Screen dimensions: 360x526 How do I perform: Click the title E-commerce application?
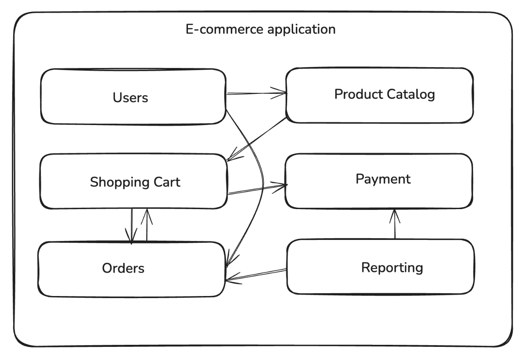click(x=261, y=30)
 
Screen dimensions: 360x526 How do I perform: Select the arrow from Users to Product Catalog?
click(x=256, y=93)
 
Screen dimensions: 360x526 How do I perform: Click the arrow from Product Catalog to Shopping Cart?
click(x=257, y=139)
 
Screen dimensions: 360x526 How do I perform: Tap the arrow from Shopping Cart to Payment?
click(x=256, y=189)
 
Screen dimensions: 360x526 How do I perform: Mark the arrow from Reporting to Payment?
click(x=395, y=225)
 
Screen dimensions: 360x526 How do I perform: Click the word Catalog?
click(x=410, y=94)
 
